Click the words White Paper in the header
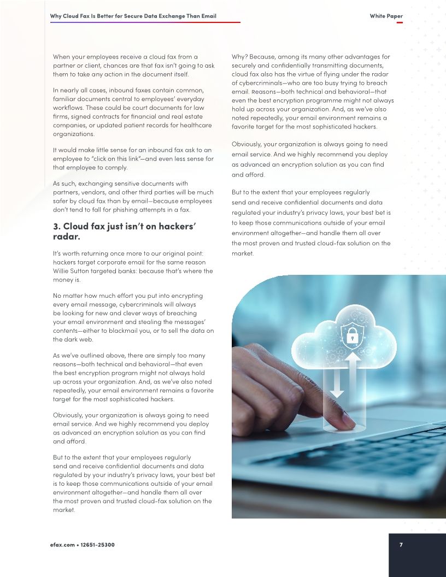386,16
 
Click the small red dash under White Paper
400,23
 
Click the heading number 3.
56,227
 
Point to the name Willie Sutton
72,270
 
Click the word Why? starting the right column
239,57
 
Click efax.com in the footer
61,545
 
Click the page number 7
401,545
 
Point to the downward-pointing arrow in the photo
337,382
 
